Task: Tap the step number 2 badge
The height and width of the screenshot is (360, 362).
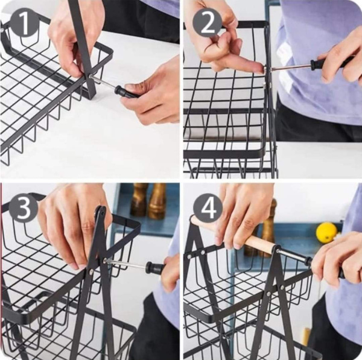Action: tap(208, 23)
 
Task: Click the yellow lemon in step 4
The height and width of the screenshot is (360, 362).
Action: tap(326, 233)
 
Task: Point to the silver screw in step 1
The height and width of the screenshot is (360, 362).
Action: tap(90, 77)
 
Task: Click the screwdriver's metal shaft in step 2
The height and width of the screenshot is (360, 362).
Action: tap(291, 67)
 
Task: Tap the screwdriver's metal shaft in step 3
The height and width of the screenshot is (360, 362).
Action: tap(126, 264)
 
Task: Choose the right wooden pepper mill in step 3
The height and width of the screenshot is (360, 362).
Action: tap(157, 201)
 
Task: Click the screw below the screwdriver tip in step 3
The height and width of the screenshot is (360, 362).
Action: tap(90, 271)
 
